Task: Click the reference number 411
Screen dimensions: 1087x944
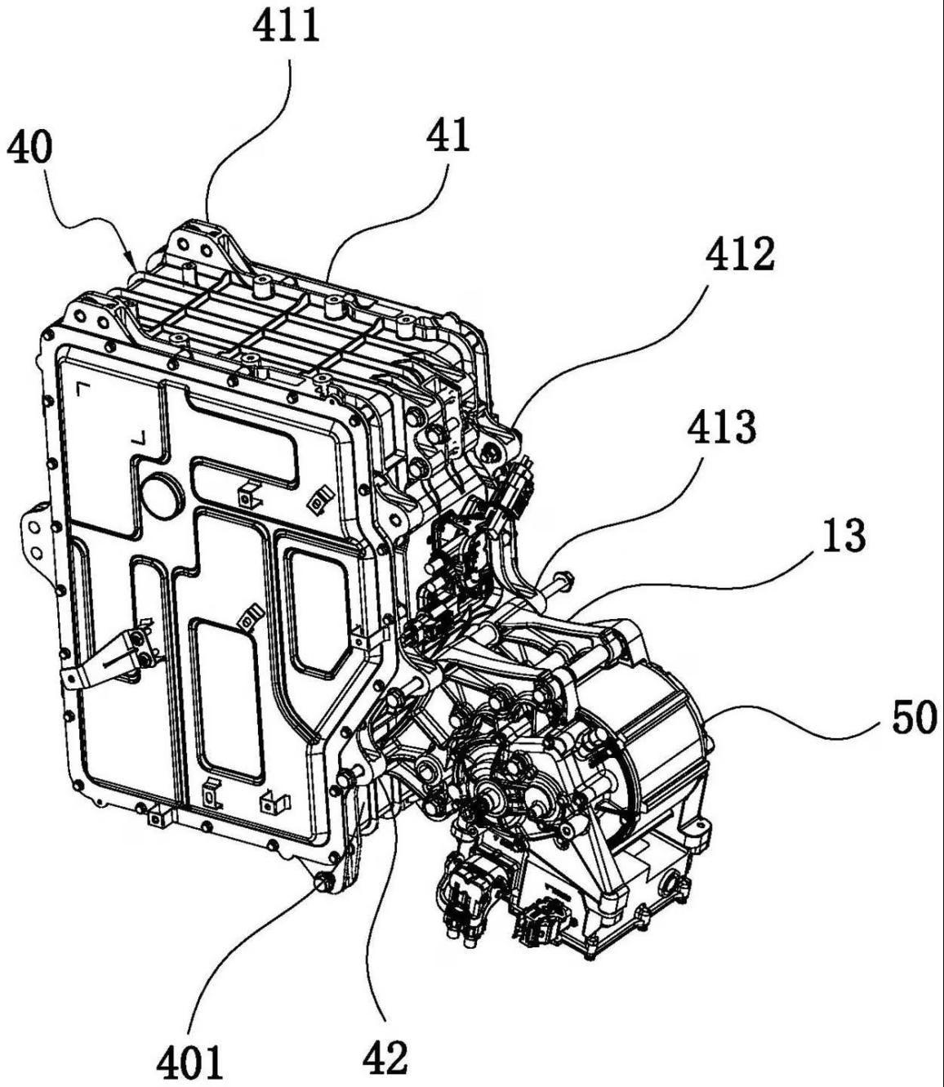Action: pyautogui.click(x=286, y=26)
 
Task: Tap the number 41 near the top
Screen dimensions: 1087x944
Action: pyautogui.click(x=449, y=135)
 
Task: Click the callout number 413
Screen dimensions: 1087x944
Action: pyautogui.click(x=722, y=427)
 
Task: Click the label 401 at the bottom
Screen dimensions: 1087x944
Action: pyautogui.click(x=189, y=1062)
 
